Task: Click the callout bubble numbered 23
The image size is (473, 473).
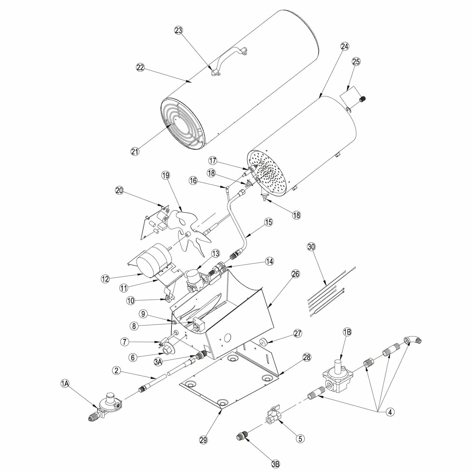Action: tap(179, 30)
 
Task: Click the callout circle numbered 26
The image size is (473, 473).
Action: tap(296, 274)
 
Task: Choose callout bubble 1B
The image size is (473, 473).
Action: tap(347, 332)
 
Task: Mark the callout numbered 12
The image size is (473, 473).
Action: tap(105, 279)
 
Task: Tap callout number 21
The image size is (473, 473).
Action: tap(135, 152)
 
